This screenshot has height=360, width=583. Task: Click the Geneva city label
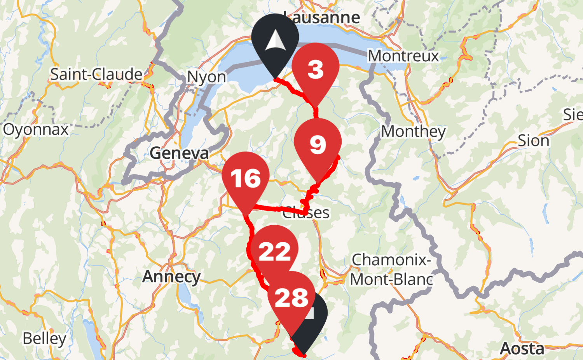pyautogui.click(x=179, y=153)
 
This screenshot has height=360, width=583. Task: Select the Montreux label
pyautogui.click(x=403, y=56)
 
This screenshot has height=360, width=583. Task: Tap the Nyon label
pyautogui.click(x=206, y=77)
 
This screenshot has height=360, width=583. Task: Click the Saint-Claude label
pyautogui.click(x=96, y=74)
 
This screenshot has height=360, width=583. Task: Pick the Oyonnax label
pyautogui.click(x=36, y=130)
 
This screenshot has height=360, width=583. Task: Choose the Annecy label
pyautogui.click(x=171, y=277)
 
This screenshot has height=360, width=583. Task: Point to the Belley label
pyautogui.click(x=44, y=338)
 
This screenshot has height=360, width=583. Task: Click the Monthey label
pyautogui.click(x=413, y=132)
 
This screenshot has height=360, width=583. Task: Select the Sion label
pyautogui.click(x=533, y=141)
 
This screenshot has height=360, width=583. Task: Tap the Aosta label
pyautogui.click(x=522, y=348)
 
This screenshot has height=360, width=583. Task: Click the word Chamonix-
pyautogui.click(x=391, y=260)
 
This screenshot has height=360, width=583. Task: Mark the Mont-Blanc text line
pyautogui.click(x=391, y=279)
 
